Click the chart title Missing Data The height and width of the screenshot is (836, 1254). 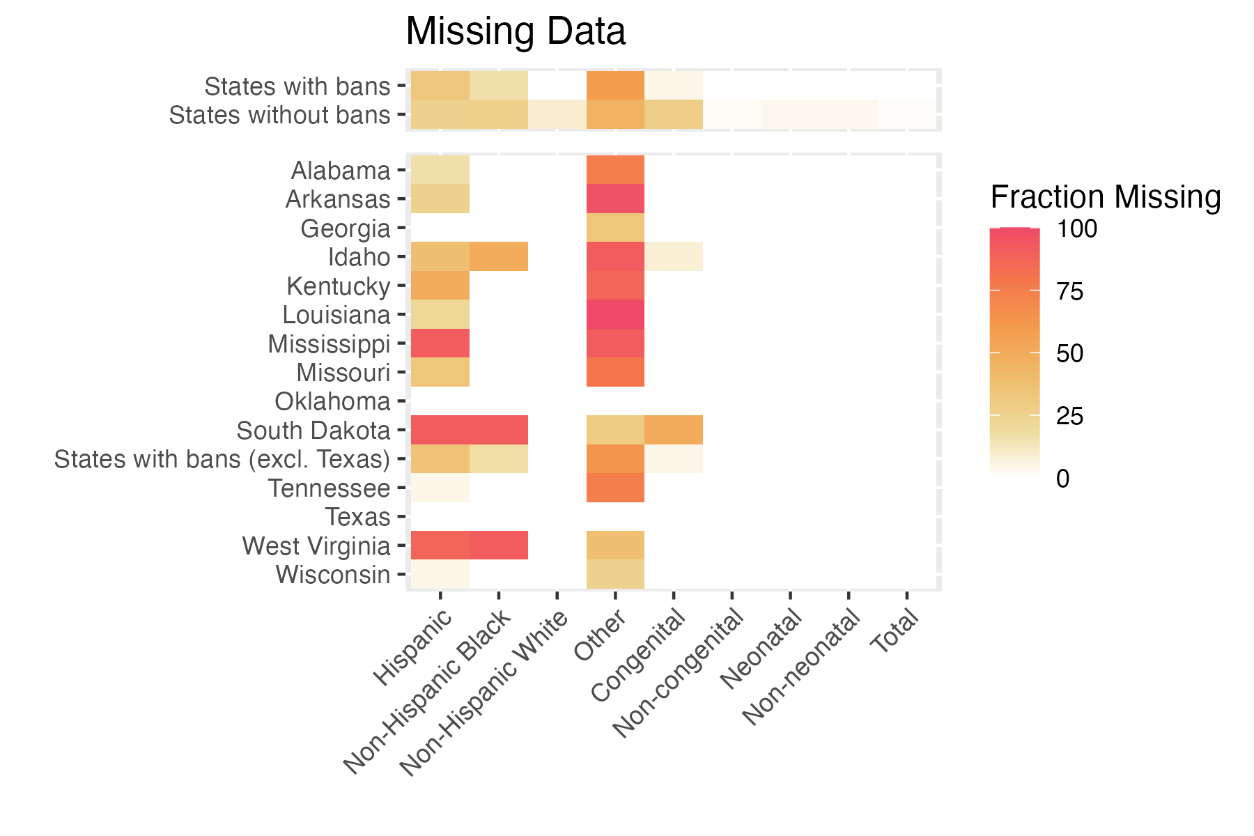[x=516, y=32]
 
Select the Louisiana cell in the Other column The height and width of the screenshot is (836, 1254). [x=615, y=314]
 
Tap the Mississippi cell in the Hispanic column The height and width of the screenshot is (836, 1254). [x=440, y=343]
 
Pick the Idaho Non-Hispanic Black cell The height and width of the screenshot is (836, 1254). [x=498, y=256]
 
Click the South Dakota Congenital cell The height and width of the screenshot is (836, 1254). [x=673, y=430]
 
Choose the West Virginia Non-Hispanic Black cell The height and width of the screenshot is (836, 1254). [x=498, y=545]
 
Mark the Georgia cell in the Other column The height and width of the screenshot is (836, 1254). [x=615, y=228]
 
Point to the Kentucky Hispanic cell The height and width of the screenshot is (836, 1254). [x=440, y=286]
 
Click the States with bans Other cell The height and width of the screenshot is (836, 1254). [x=615, y=86]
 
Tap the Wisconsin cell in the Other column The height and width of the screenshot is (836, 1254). [x=615, y=574]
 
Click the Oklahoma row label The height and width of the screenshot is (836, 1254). [x=332, y=402]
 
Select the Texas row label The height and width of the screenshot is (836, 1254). [x=358, y=518]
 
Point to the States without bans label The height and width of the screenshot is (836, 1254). [x=279, y=115]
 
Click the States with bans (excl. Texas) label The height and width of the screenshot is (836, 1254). [x=222, y=460]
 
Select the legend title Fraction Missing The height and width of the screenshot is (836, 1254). [x=1106, y=198]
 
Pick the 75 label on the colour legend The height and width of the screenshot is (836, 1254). [x=1069, y=292]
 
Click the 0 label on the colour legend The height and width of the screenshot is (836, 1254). [x=1062, y=479]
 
